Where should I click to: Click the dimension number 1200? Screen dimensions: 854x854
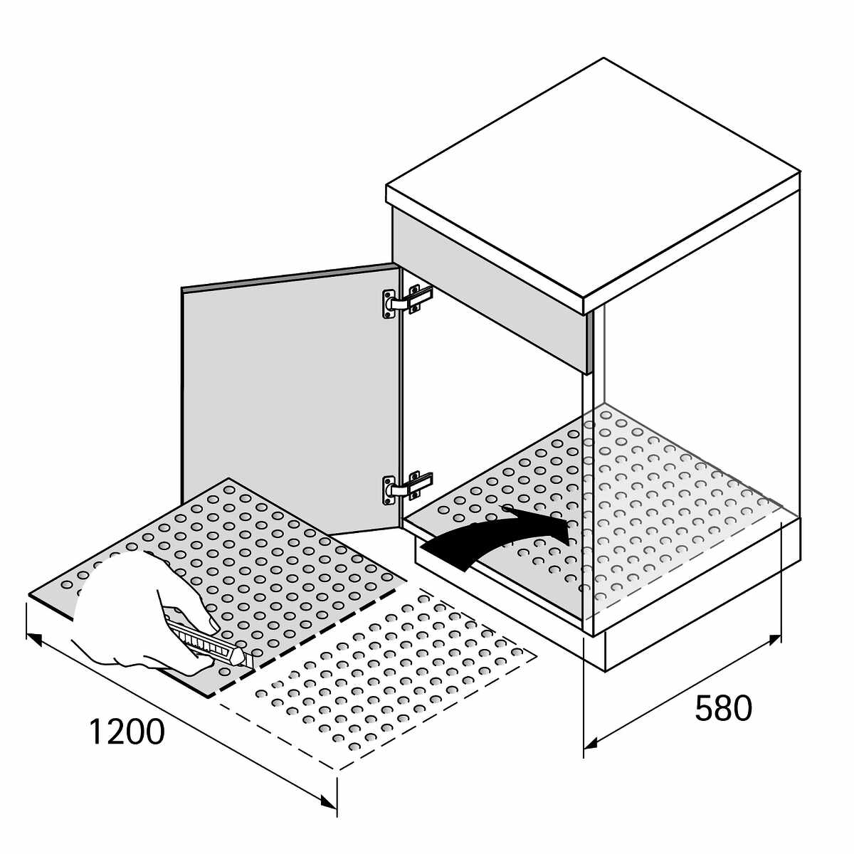(x=127, y=732)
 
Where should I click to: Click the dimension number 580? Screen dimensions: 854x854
(x=723, y=709)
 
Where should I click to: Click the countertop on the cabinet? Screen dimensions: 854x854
(x=594, y=178)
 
